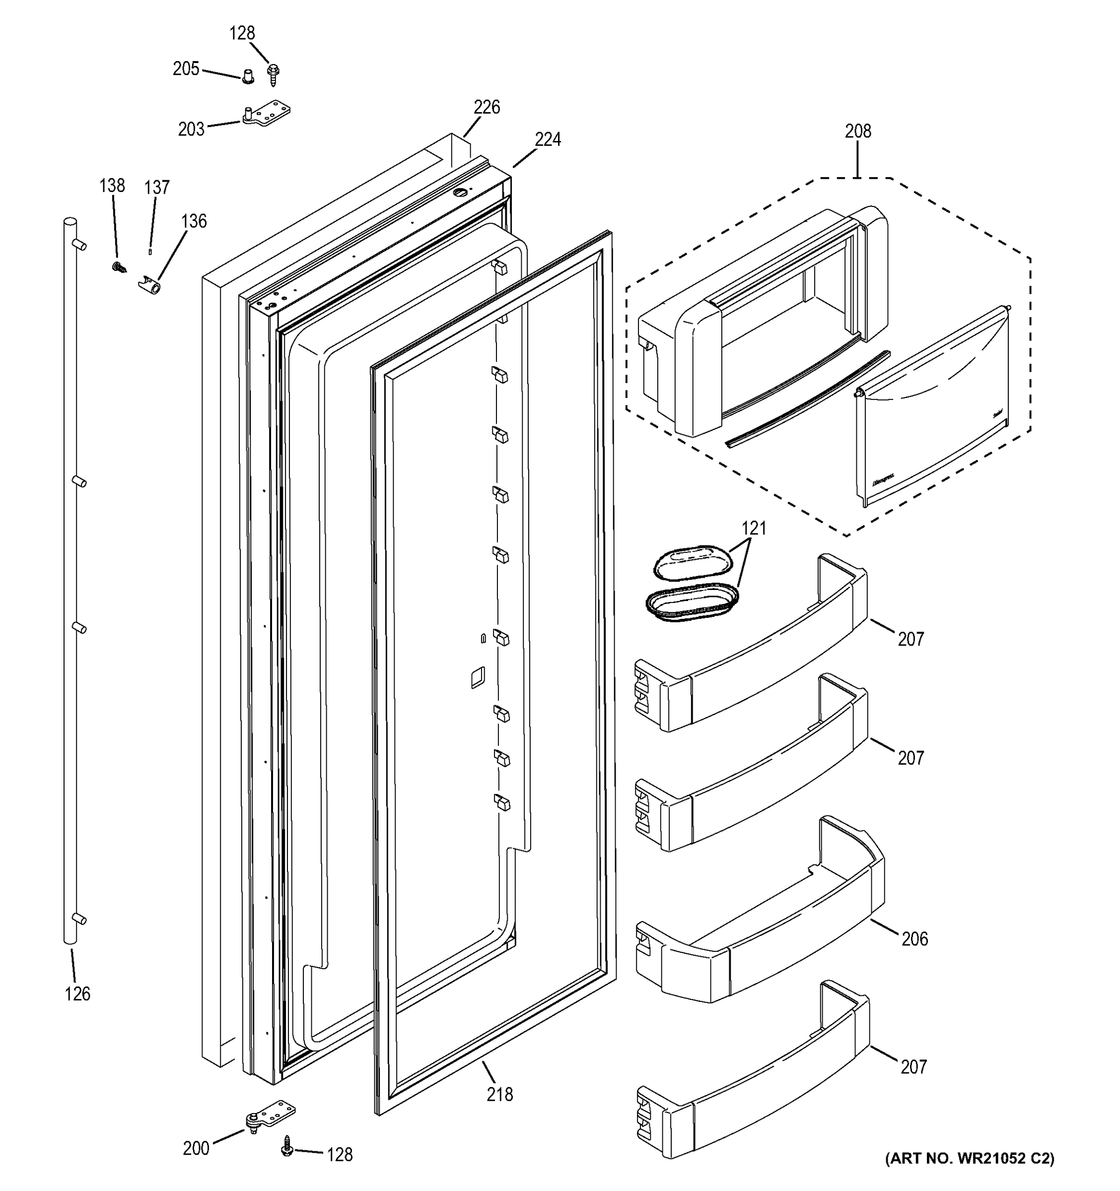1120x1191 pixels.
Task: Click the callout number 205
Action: pos(186,69)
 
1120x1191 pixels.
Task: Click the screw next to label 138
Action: pos(119,266)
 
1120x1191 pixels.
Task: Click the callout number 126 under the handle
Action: pos(77,994)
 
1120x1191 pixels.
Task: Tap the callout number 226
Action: pos(487,107)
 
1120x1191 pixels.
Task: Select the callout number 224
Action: pos(548,139)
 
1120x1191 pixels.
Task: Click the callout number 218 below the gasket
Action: pos(500,1095)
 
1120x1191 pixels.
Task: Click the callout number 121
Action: pos(754,529)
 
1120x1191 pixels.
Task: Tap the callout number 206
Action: pos(914,939)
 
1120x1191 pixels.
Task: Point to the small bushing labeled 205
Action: pos(248,77)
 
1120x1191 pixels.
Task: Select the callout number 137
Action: pos(156,188)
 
